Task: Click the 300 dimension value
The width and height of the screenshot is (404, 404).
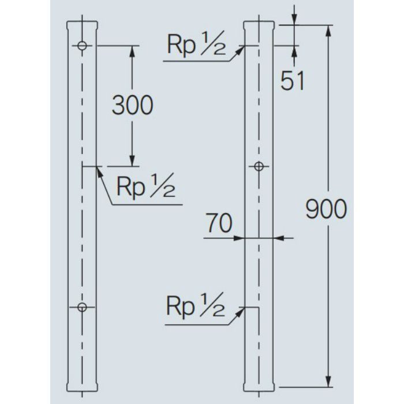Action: pos(132,105)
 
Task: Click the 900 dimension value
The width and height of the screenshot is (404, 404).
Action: pos(326,209)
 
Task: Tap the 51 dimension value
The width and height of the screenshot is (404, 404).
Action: pos(292,81)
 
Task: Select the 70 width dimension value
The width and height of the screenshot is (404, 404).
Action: pos(219,223)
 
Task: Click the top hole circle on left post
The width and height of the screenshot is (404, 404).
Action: pos(82,46)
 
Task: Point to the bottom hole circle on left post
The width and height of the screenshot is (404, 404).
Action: pos(82,307)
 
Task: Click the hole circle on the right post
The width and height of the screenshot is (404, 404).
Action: pos(259,167)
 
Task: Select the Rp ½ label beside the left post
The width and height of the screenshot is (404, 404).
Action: pos(146,185)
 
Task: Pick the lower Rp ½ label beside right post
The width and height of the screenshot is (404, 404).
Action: pos(196,305)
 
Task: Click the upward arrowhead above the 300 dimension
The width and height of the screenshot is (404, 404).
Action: pos(132,51)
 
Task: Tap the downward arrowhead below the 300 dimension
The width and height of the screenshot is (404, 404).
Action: pos(132,161)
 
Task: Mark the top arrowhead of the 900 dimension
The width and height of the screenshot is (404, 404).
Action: pos(328,31)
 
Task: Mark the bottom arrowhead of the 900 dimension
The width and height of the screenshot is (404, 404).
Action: pos(328,381)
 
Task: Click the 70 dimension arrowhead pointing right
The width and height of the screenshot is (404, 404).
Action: pos(238,238)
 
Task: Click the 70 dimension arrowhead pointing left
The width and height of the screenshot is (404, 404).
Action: pos(279,238)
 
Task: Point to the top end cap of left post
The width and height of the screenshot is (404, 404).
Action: pos(82,25)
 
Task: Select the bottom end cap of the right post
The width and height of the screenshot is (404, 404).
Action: pos(259,387)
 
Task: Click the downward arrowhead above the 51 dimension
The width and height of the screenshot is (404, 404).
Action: pos(295,19)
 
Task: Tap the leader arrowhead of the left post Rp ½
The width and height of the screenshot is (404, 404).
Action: pos(100,172)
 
